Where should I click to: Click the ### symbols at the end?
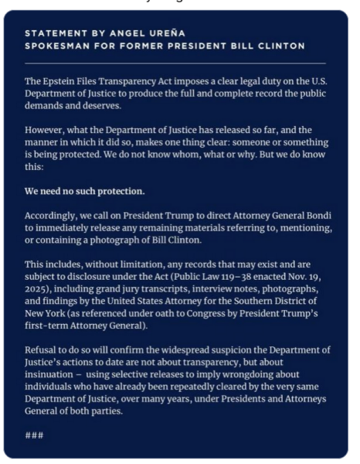[34, 435]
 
